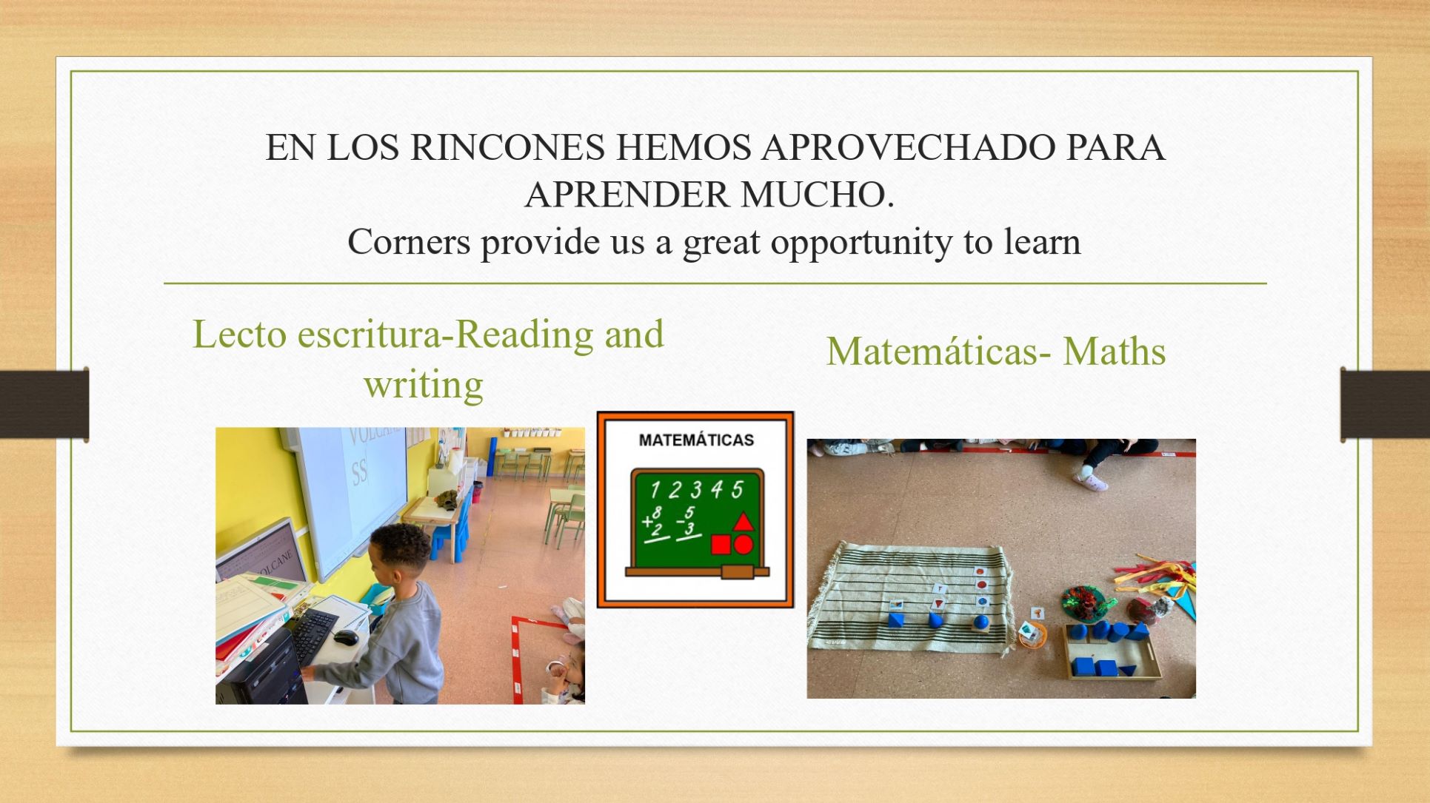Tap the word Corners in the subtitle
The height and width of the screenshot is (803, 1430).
pos(409,241)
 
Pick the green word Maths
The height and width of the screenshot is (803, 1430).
pos(1115,351)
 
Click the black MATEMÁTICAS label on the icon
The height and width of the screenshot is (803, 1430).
pos(696,440)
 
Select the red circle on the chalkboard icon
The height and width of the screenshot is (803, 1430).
pos(744,544)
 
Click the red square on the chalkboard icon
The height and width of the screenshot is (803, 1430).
pos(721,545)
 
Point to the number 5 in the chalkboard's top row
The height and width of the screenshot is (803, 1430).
pos(737,490)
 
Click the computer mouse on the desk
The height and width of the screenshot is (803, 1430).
pos(346,636)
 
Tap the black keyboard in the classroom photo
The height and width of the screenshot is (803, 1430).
pos(314,636)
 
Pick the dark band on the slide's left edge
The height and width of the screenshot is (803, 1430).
pos(44,404)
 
